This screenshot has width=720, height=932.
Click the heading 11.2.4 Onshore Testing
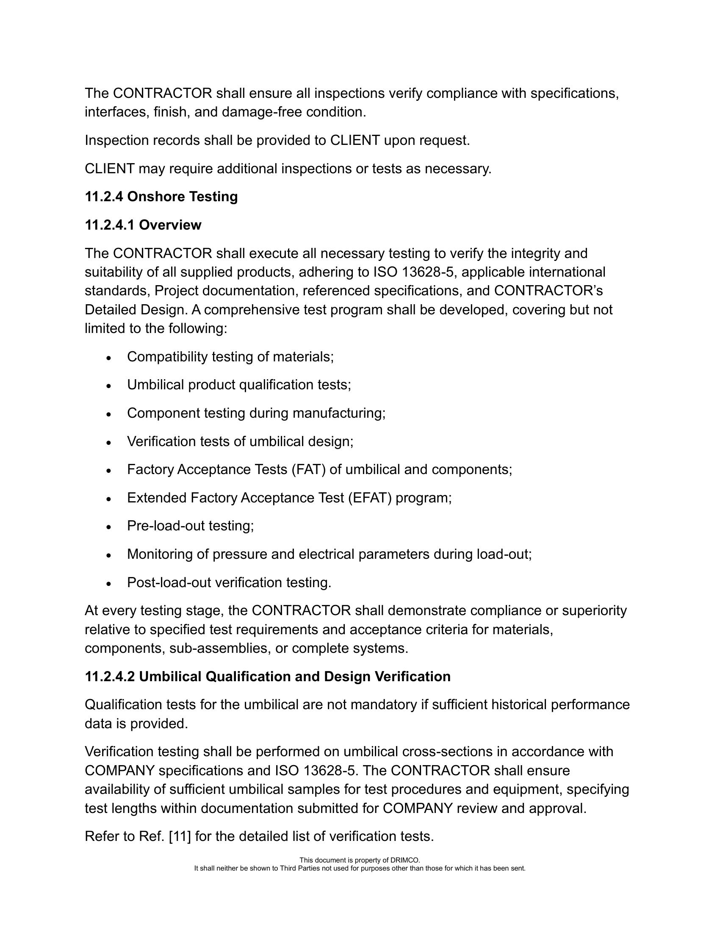pos(161,197)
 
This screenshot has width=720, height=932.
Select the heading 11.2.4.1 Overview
pos(143,225)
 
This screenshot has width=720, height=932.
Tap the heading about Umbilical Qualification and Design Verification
pos(267,677)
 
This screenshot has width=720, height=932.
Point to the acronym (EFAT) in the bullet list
pos(369,498)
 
